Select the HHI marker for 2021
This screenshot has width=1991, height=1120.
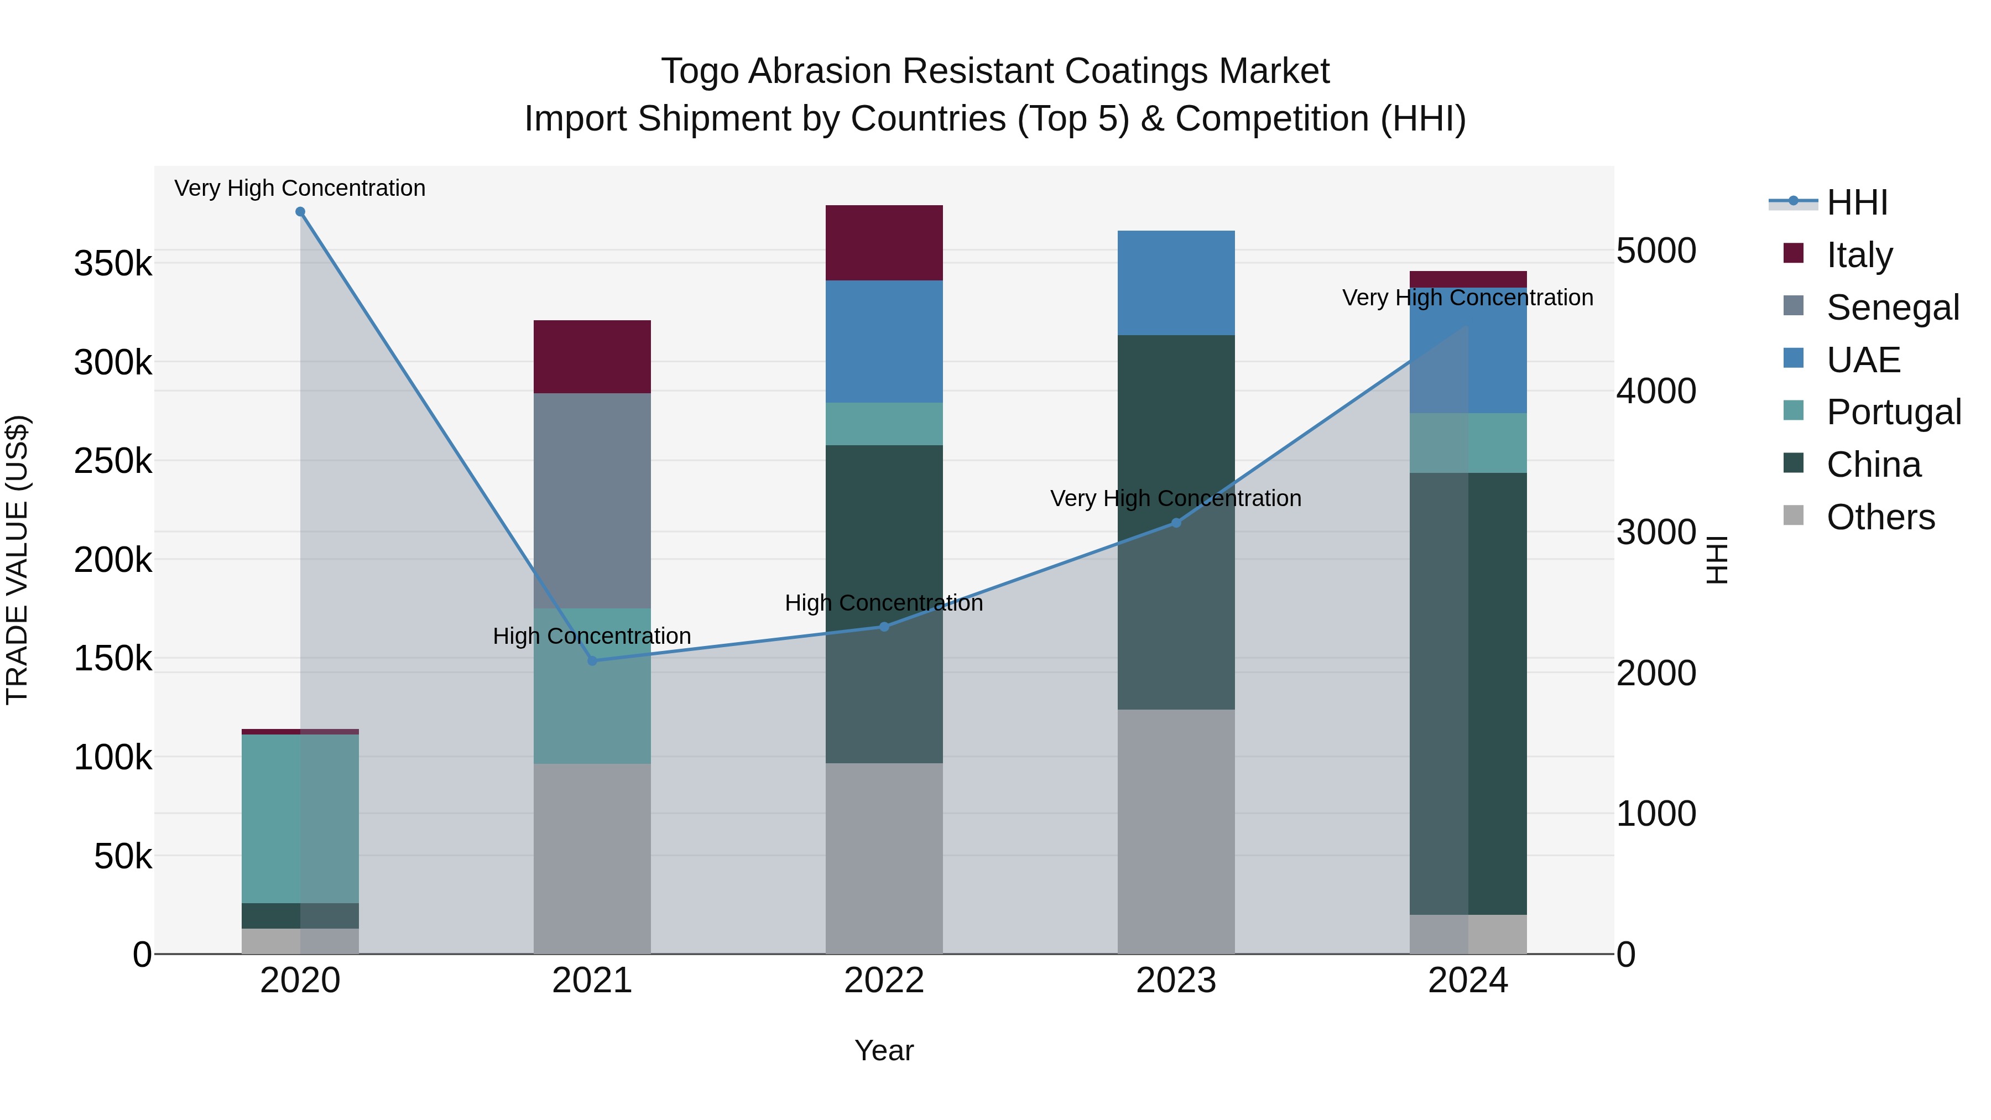(592, 661)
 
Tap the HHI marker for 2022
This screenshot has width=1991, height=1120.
(884, 627)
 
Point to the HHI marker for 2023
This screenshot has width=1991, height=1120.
(1176, 523)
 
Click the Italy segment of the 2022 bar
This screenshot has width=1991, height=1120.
(884, 243)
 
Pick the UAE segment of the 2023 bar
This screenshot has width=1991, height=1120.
(1176, 282)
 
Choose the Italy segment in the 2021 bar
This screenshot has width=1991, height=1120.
(592, 356)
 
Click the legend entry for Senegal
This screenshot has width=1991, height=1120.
(1892, 307)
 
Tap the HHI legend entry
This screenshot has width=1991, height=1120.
(1857, 202)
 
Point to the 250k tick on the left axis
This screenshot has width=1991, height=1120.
(113, 461)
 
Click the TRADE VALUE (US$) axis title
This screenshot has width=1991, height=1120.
(17, 560)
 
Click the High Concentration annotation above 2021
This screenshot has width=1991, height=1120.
(592, 636)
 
